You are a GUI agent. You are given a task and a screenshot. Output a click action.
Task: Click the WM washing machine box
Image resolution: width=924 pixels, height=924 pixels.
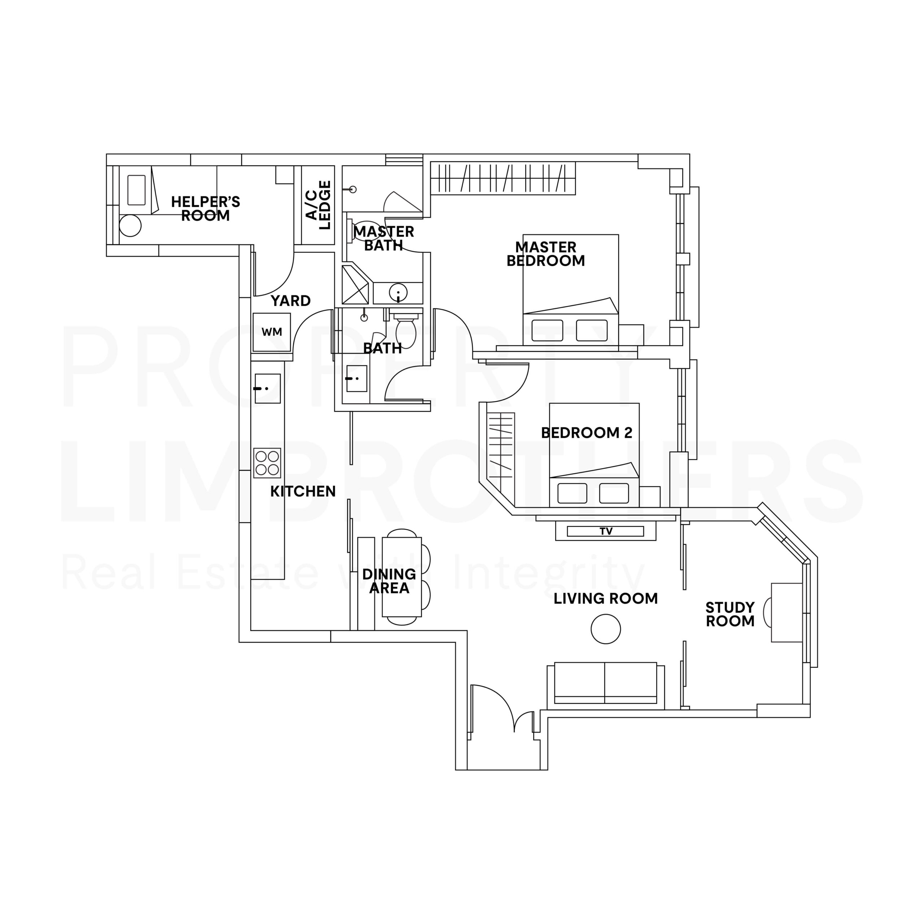[x=272, y=332]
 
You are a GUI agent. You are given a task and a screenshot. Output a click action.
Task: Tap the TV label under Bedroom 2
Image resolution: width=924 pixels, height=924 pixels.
[x=606, y=531]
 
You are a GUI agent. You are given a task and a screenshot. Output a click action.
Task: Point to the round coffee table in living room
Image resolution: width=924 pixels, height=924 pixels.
[x=606, y=629]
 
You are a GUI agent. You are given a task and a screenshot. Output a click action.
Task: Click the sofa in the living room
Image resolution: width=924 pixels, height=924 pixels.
[x=606, y=684]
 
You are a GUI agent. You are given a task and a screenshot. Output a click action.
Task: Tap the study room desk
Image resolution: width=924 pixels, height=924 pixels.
[x=786, y=612]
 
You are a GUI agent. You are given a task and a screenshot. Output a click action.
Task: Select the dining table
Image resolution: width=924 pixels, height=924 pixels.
[x=402, y=577]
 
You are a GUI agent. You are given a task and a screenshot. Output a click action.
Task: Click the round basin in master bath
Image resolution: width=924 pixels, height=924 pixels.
[x=398, y=292]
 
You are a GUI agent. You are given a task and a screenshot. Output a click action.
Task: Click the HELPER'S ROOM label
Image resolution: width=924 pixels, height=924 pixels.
[x=206, y=209]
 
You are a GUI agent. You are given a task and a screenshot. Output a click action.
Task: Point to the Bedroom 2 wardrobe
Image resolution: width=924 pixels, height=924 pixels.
[x=500, y=445]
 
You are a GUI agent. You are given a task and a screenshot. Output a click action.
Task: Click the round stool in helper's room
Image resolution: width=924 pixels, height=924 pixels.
[x=130, y=226]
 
